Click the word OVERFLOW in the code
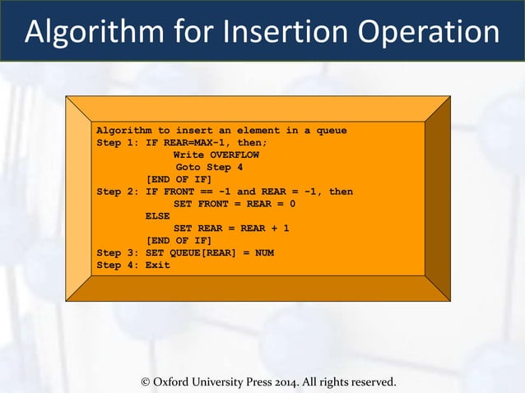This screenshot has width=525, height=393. [x=235, y=155]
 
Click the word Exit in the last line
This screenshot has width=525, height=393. [x=158, y=265]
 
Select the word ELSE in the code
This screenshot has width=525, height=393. [x=158, y=216]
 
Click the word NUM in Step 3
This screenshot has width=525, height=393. [x=264, y=252]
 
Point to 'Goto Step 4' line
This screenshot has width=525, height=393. [x=209, y=167]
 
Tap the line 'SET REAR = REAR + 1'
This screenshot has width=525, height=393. [x=231, y=229]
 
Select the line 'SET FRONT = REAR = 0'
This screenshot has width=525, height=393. [x=235, y=204]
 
